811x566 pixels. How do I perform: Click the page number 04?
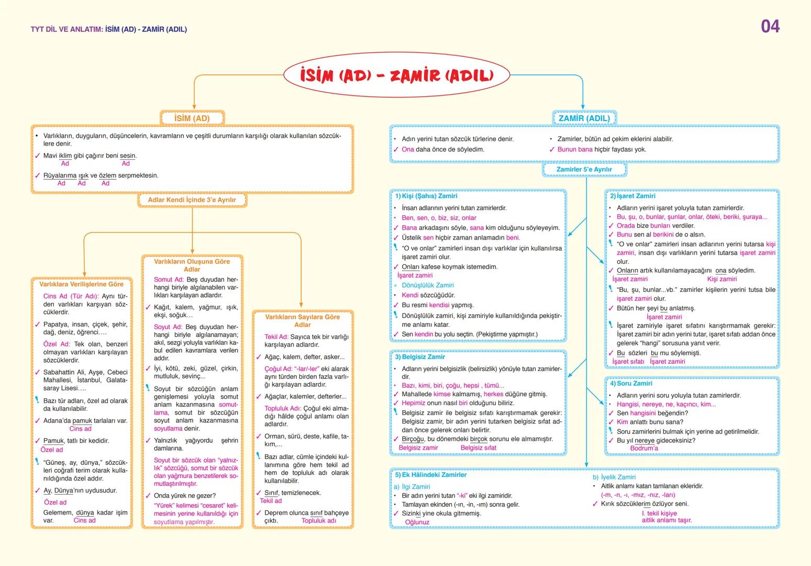click(x=770, y=27)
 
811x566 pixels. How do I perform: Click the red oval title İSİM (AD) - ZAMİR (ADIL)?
click(x=396, y=75)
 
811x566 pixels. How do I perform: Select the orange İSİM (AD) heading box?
click(x=192, y=118)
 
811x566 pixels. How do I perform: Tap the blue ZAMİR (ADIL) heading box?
click(x=584, y=118)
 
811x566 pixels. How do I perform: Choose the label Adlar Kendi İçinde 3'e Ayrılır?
click(x=192, y=200)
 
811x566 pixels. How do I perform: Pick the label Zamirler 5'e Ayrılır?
click(x=584, y=170)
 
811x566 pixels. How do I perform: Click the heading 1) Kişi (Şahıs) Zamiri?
click(x=426, y=196)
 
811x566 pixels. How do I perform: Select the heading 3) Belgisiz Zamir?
click(x=420, y=357)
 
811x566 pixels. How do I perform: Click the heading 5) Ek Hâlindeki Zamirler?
click(x=430, y=475)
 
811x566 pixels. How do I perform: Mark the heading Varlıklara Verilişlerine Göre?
click(x=81, y=285)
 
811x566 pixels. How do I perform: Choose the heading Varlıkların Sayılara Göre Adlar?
click(x=302, y=321)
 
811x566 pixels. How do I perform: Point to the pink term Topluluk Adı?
click(x=283, y=409)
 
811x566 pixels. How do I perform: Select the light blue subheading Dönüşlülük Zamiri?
click(x=427, y=286)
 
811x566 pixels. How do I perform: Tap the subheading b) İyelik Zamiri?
click(x=614, y=477)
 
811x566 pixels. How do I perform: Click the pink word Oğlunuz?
click(x=417, y=523)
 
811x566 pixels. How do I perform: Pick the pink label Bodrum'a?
click(x=643, y=449)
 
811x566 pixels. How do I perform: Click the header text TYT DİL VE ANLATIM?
click(x=66, y=29)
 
